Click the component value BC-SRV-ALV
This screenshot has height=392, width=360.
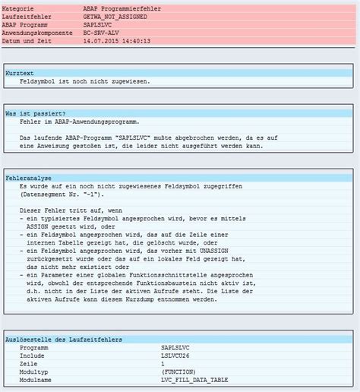click(x=101, y=33)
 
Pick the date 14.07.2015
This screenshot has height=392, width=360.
click(x=99, y=41)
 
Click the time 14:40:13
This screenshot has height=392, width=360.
click(x=136, y=41)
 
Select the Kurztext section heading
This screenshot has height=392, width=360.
click(x=20, y=71)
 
